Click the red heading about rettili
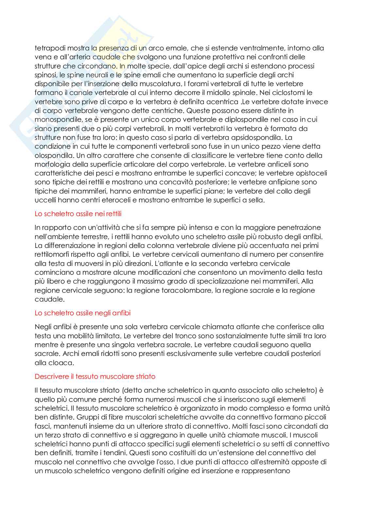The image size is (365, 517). pos(78,214)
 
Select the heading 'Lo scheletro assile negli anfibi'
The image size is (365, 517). pos(82,313)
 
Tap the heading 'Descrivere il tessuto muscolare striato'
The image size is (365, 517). pos(95,377)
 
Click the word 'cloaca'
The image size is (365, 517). pos(63,363)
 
